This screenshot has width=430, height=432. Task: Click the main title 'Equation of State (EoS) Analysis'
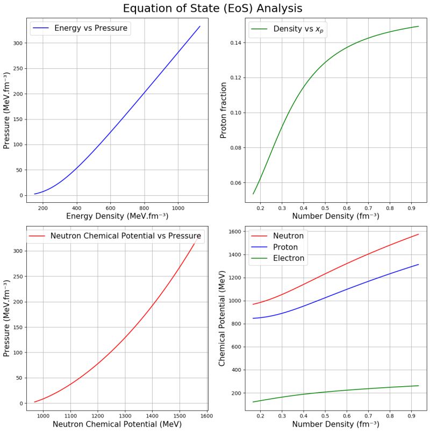point(212,9)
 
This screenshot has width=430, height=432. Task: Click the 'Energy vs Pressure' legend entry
point(90,28)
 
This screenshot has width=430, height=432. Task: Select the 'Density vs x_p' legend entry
point(299,29)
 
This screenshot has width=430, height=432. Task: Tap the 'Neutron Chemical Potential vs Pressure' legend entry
point(125,236)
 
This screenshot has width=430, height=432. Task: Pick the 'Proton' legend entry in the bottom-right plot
point(285,247)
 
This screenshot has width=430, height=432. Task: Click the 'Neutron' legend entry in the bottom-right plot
point(288,236)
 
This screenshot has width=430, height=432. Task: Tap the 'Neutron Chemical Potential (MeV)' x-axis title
point(117,424)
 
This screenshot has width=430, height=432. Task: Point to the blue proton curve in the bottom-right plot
point(322,299)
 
